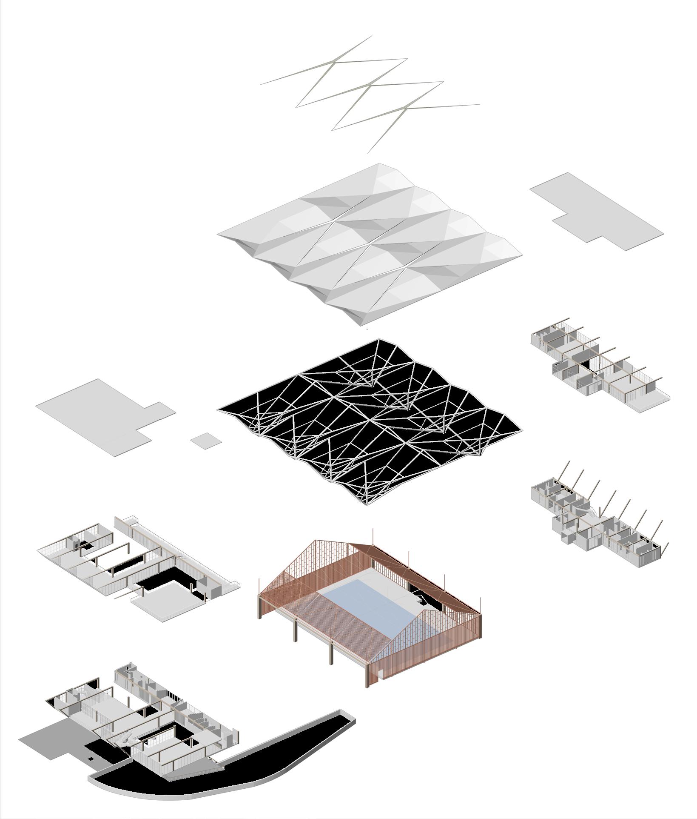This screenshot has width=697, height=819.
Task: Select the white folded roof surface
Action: click(370, 238)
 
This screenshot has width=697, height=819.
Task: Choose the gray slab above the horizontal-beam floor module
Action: click(595, 209)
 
